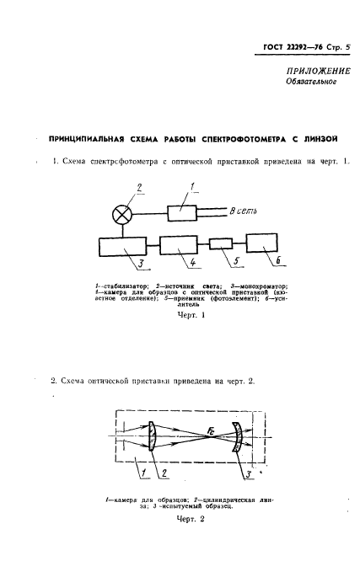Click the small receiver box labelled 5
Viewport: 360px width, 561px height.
pos(225,244)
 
